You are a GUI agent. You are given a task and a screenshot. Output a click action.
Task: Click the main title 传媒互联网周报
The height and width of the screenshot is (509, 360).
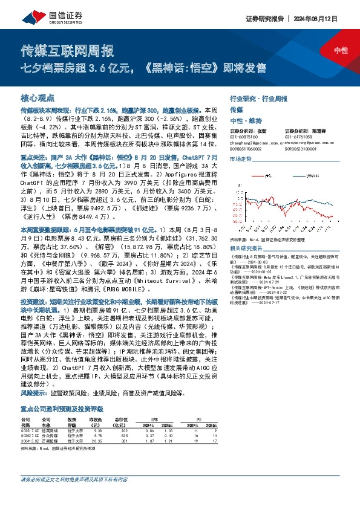68,51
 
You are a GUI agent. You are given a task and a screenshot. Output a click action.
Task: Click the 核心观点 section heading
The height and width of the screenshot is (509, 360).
38,97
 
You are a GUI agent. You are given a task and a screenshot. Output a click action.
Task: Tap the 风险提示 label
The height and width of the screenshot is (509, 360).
34,393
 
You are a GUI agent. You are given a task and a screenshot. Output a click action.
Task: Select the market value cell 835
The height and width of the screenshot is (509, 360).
125,435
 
